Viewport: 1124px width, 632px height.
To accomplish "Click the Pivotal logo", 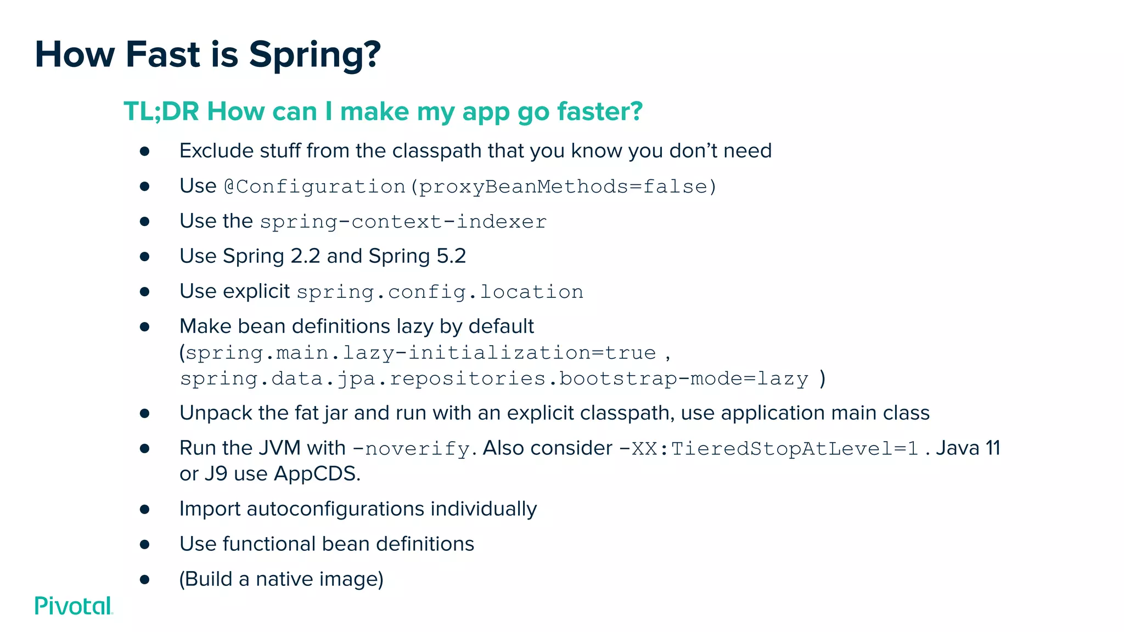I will tap(74, 606).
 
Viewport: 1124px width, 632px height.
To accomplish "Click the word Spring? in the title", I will tap(314, 55).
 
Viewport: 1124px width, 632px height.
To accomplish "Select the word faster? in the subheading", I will tap(599, 111).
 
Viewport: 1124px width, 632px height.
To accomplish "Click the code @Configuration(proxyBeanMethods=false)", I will tap(470, 187).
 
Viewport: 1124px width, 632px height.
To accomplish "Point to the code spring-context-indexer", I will tap(403, 222).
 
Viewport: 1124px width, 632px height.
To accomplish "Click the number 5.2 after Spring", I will tap(451, 256).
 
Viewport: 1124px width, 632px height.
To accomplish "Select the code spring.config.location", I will tap(440, 292).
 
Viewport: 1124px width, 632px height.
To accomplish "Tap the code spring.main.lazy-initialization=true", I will tap(420, 353).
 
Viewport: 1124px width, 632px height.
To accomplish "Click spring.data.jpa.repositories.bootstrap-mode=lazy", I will tap(494, 379).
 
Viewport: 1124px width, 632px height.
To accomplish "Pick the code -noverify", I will tap(411, 449).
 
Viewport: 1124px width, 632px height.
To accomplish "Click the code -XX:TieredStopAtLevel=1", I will tap(768, 449).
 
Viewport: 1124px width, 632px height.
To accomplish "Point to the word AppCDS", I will tap(317, 474).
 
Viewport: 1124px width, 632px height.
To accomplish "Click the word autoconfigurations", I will tap(335, 509).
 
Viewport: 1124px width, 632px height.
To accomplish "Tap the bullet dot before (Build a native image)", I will tap(145, 579).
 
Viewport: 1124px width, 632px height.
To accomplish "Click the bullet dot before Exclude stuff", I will tap(145, 151).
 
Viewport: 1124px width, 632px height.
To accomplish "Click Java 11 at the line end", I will tap(968, 448).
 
